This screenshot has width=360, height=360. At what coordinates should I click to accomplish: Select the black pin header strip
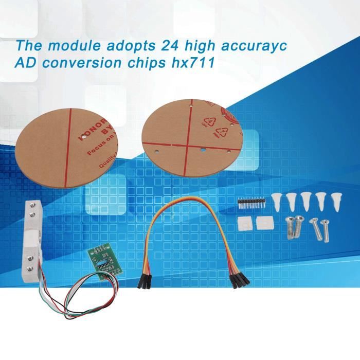[250, 203]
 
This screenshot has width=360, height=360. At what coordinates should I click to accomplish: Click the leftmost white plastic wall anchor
[278, 201]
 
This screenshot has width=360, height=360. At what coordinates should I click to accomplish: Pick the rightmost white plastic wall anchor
[336, 201]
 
